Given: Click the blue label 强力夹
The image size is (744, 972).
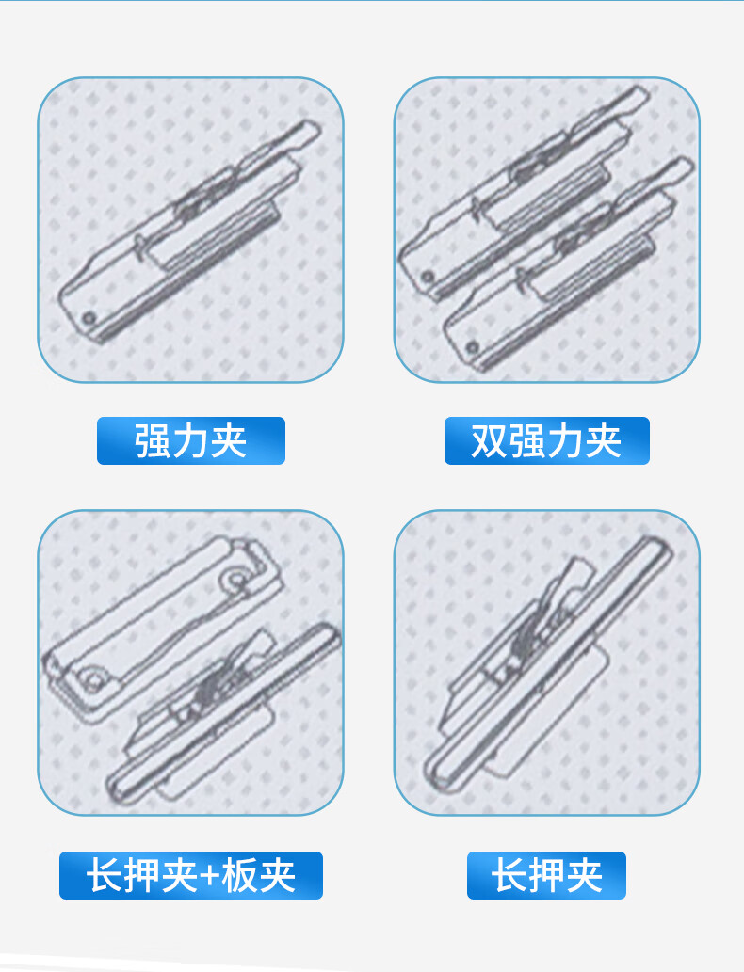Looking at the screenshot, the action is pos(190,440).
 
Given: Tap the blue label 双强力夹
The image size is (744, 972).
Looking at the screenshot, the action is pos(546,440).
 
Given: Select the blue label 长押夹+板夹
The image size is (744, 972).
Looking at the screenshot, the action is pos(190,875).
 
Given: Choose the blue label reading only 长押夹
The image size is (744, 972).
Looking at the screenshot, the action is pos(546,875).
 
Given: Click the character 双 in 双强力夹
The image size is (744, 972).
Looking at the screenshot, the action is pos(489,441).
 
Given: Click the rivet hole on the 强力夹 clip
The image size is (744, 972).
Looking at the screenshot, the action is pos(89,319).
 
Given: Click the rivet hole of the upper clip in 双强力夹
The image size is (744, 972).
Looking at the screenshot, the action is pos(427,277).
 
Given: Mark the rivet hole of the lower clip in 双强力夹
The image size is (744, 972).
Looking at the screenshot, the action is pos(472,346).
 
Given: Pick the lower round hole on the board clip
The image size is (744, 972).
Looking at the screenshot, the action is pos(94,678).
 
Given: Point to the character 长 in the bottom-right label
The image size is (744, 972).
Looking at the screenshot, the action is pos(509,875).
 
